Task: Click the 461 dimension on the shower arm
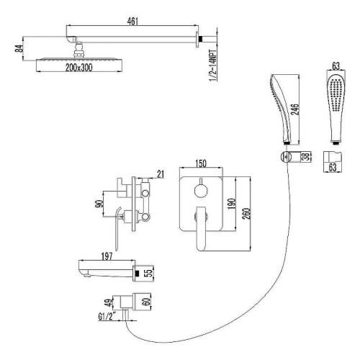click(x=132, y=21)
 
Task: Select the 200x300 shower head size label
click(x=78, y=68)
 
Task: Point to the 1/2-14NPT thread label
click(x=213, y=66)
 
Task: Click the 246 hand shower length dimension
click(x=296, y=109)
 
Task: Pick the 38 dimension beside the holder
click(x=306, y=157)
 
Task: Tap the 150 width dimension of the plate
click(x=201, y=163)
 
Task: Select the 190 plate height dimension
click(x=232, y=204)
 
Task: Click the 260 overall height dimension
click(x=246, y=213)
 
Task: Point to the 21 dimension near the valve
click(x=161, y=174)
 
